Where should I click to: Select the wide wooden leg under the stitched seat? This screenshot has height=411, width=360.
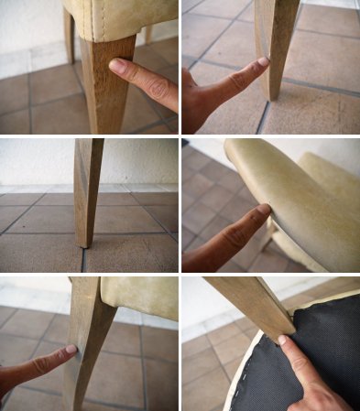coord(105,87)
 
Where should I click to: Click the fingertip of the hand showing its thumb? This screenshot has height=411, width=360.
coord(262,63)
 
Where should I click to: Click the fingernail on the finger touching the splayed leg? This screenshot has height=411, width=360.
coord(71,350)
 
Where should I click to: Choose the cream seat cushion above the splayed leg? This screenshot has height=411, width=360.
coord(139,297)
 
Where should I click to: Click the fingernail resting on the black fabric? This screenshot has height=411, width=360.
coord(282,341)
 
